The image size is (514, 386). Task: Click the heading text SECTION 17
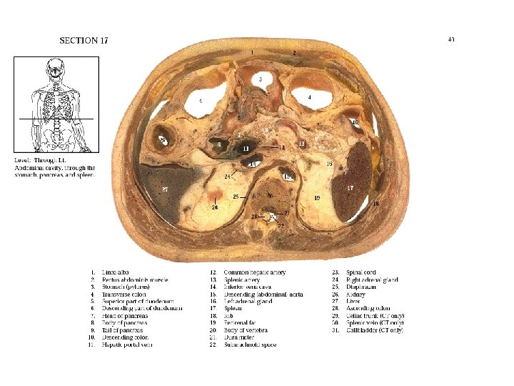pos(84,40)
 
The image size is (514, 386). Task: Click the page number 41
pos(450,39)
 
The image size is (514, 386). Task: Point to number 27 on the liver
pos(165,189)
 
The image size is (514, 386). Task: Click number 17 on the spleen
pos(350,187)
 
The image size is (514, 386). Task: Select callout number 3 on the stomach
pos(261,78)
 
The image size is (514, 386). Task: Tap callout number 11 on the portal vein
pos(246,149)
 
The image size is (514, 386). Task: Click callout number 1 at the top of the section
pos(251,52)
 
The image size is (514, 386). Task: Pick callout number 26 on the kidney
pos(214,208)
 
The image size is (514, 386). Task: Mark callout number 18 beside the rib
pos(376,204)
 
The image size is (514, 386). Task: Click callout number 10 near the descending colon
pos(355,123)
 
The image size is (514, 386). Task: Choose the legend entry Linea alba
pos(116,272)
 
